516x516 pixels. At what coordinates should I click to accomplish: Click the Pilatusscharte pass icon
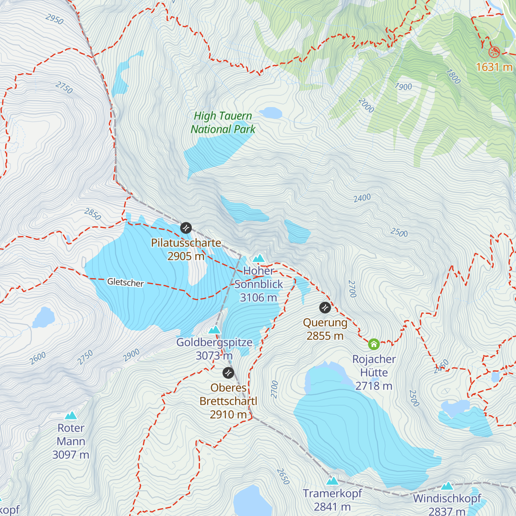tap(186, 227)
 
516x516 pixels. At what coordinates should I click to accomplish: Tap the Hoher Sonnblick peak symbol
tap(258, 258)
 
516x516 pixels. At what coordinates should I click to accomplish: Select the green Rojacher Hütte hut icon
tap(374, 344)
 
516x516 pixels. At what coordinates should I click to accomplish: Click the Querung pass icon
tap(325, 307)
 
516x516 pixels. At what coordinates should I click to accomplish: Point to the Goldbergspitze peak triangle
tap(214, 330)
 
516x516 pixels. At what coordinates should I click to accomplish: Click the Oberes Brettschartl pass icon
tap(228, 373)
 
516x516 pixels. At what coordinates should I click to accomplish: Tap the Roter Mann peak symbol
tap(71, 415)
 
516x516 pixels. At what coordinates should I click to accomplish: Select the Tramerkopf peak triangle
tap(332, 480)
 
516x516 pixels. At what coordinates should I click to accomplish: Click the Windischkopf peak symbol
tap(447, 486)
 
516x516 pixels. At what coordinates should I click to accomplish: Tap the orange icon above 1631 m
tap(494, 52)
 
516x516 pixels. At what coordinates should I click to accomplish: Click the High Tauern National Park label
tap(223, 123)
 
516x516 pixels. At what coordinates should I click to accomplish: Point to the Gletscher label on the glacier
tap(125, 283)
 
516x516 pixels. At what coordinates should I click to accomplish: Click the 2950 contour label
tap(55, 19)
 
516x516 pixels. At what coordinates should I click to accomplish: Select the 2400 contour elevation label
tap(362, 198)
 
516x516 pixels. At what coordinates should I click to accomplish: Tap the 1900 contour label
tap(403, 87)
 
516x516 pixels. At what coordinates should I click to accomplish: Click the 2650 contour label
tap(283, 476)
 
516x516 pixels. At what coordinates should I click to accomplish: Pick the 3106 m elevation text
tap(258, 298)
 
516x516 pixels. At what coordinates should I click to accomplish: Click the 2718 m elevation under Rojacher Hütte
tap(374, 386)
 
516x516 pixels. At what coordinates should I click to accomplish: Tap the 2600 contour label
tap(38, 358)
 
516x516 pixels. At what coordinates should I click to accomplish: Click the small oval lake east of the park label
tap(270, 113)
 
